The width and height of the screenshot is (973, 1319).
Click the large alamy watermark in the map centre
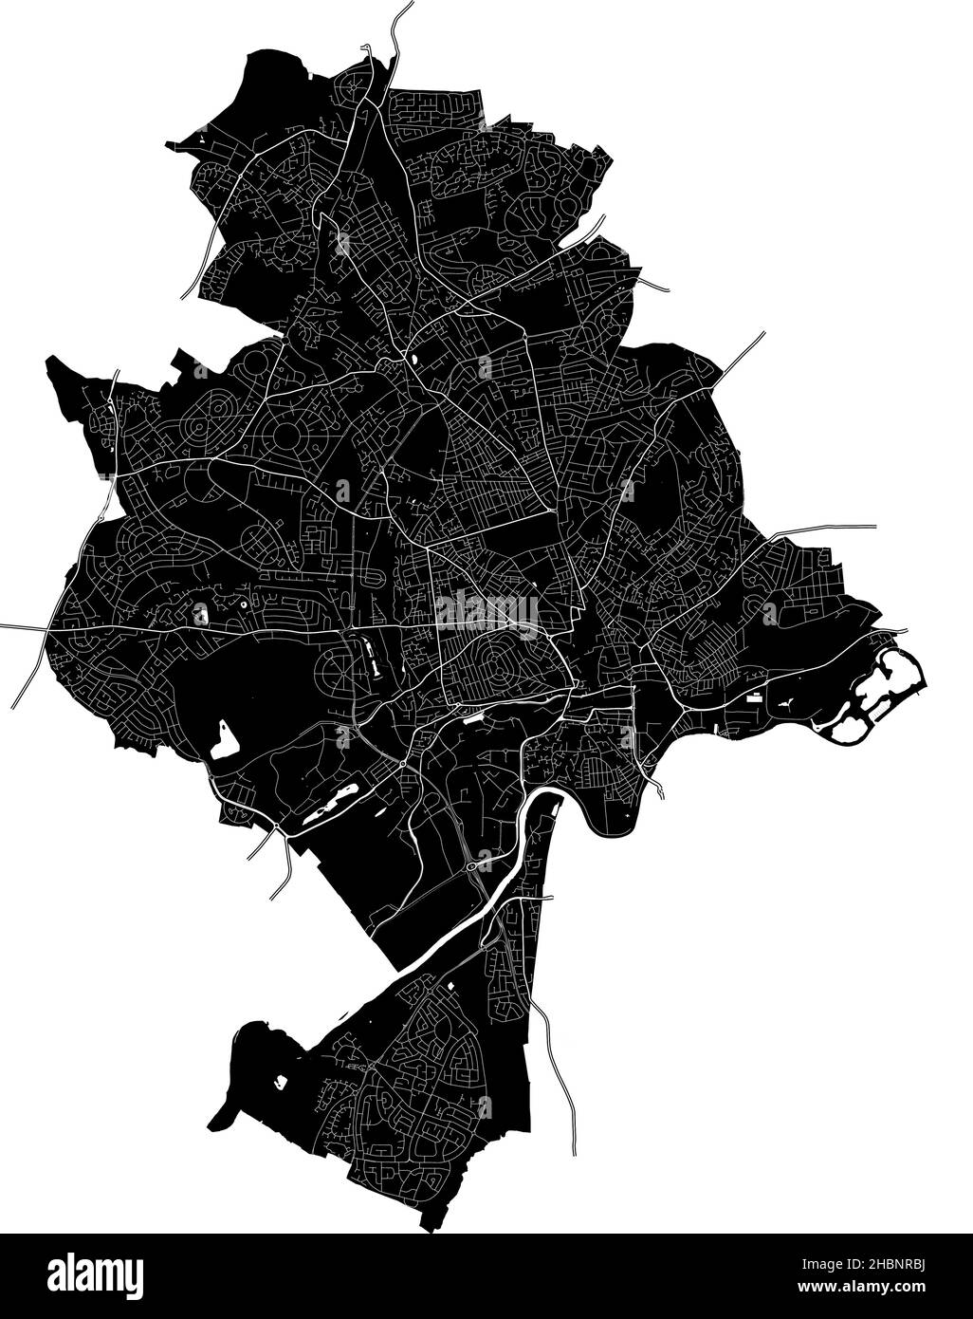(x=486, y=612)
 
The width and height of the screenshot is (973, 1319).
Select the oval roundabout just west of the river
(x=471, y=865)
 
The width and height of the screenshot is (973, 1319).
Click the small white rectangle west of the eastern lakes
(x=754, y=697)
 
